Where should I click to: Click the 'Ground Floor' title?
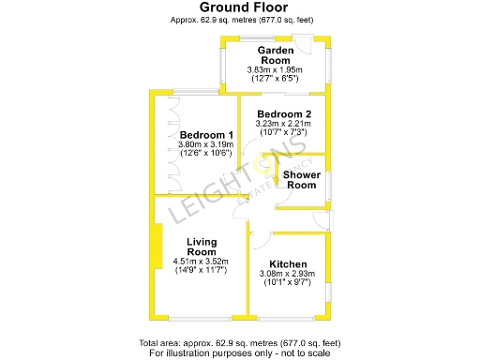pos(239,7)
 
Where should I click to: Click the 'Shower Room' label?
pos(302,180)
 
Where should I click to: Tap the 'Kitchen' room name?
pos(288,263)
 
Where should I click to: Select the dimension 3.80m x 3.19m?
pos(204,144)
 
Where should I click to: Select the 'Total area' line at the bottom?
pos(239,344)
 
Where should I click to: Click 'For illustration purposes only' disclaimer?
pos(239,353)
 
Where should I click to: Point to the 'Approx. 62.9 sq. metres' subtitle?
pos(239,20)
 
